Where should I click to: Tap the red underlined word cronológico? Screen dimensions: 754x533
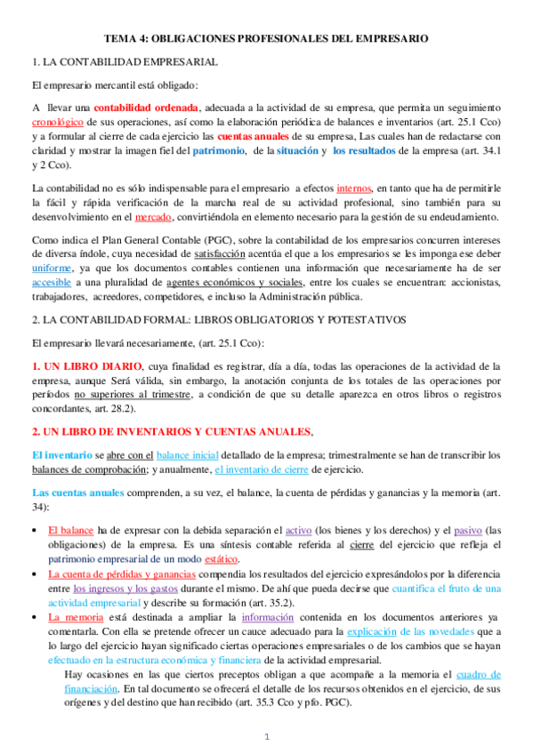click(58, 122)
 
